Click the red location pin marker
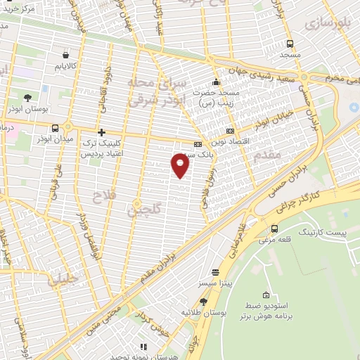(181, 165)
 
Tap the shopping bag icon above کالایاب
(65, 54)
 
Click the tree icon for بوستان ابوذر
(27, 98)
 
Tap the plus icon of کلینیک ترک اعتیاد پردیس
(101, 131)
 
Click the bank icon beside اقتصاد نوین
(230, 131)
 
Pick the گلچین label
(146, 208)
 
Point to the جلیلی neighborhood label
(62, 280)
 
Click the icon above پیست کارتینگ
(274, 229)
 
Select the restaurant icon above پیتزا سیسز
(214, 272)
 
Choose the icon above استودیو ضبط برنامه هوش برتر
(266, 295)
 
